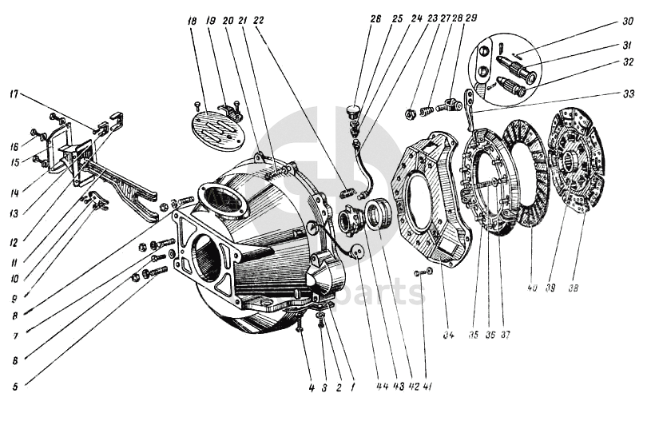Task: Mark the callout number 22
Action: click(258, 21)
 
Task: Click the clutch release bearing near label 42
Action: click(380, 216)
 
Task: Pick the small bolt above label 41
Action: click(420, 273)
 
